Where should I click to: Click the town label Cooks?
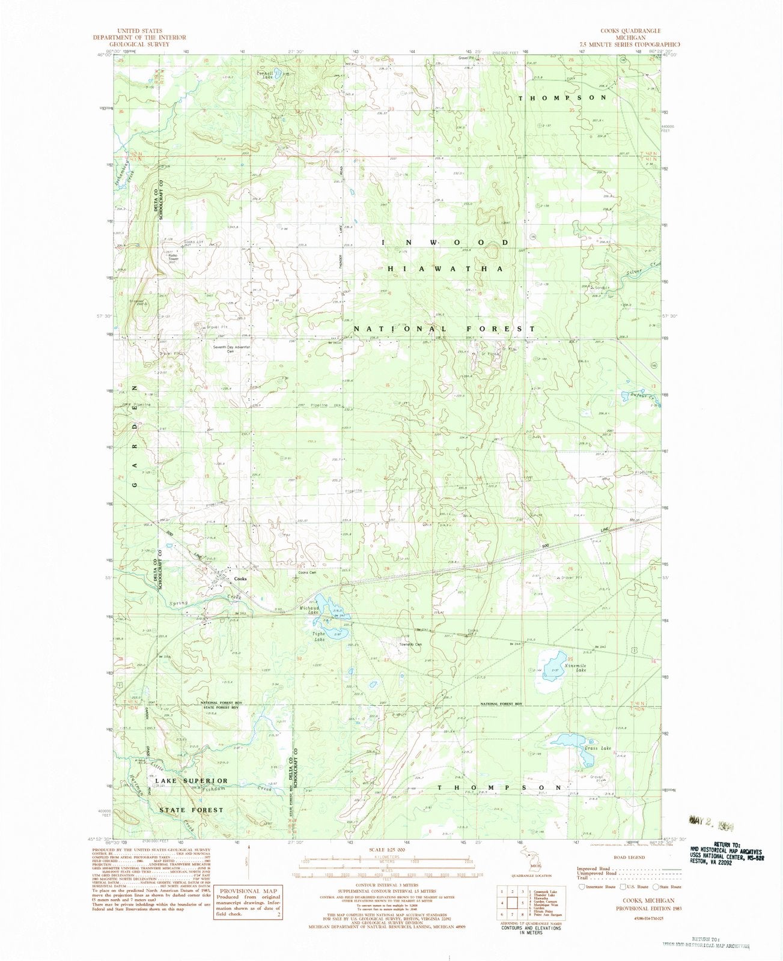(240, 578)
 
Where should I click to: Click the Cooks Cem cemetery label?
(307, 572)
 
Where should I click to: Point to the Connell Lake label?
(265, 75)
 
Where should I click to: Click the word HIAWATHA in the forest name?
(445, 269)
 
